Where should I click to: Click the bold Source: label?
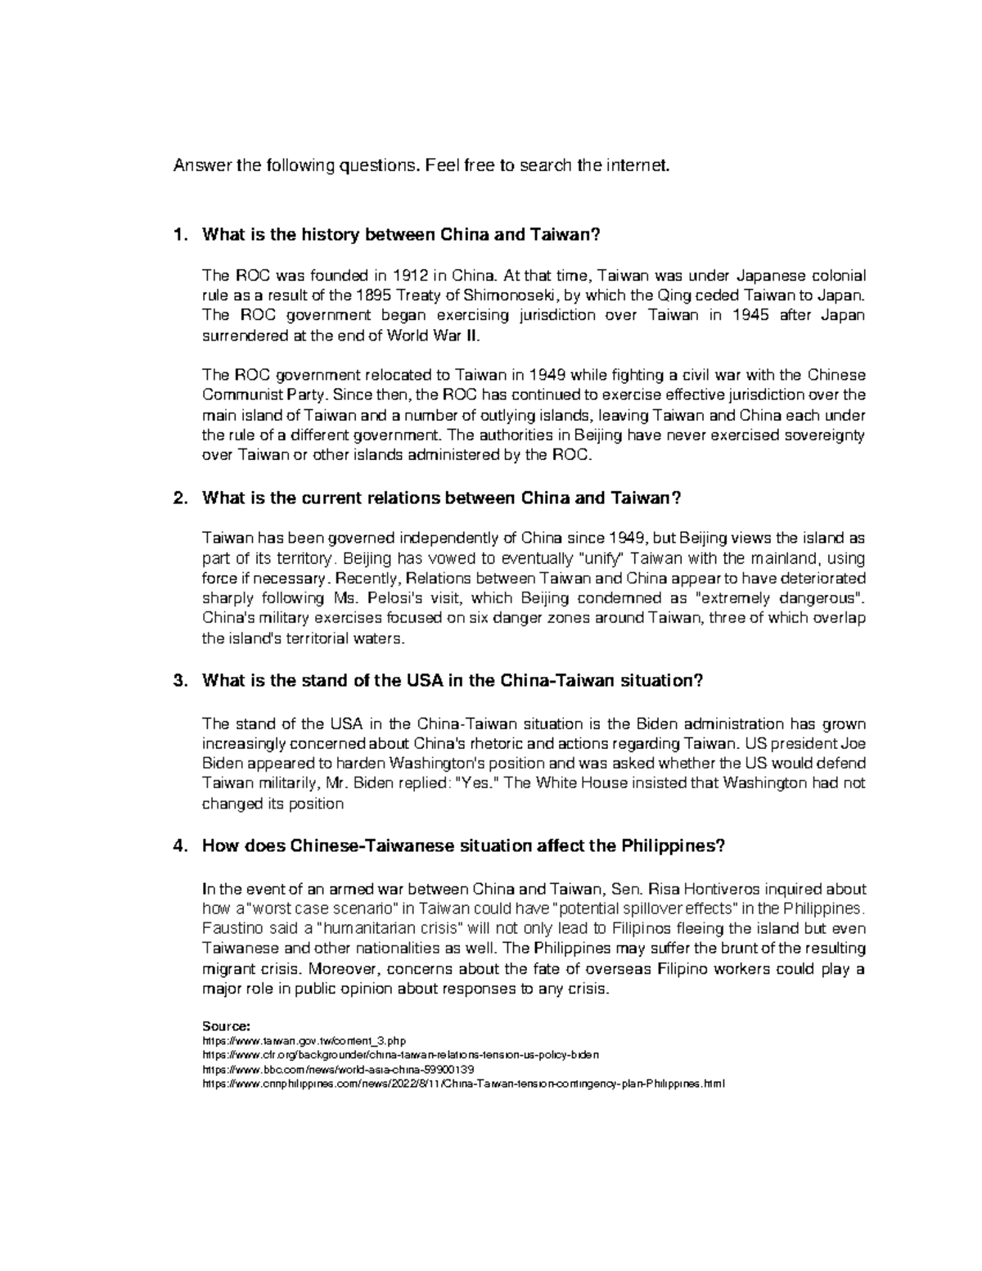click(x=225, y=1025)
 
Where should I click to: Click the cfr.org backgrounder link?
click(x=400, y=1055)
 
